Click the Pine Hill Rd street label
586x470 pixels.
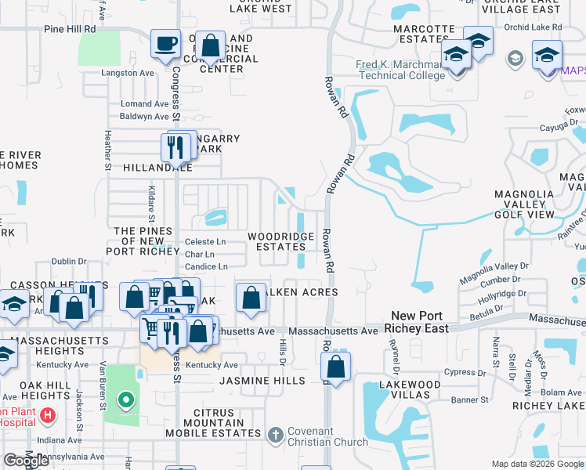click(x=70, y=29)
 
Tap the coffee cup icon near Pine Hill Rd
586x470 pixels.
click(x=165, y=45)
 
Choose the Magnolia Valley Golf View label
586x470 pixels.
click(x=533, y=204)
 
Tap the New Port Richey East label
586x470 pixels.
click(x=420, y=321)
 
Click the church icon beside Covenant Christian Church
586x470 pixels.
click(x=275, y=434)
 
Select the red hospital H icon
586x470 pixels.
click(x=49, y=414)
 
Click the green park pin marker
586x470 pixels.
click(x=125, y=403)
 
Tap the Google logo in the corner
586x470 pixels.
click(x=27, y=460)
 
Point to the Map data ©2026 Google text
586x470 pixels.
click(x=537, y=464)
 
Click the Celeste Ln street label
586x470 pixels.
click(x=204, y=242)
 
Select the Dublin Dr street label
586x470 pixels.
click(x=68, y=262)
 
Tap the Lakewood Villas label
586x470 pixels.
click(x=409, y=391)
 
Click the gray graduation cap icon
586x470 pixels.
click(x=515, y=59)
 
